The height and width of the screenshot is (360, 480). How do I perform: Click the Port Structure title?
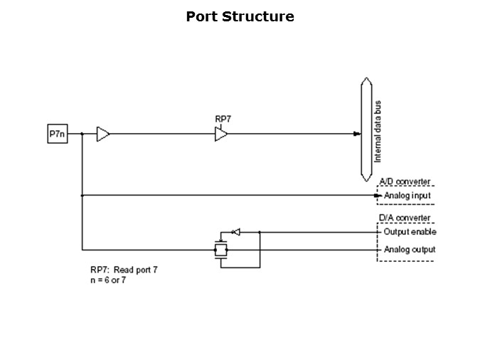[x=240, y=16]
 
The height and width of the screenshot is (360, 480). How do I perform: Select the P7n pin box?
[x=58, y=134]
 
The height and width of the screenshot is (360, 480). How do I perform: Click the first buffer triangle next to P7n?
[x=103, y=134]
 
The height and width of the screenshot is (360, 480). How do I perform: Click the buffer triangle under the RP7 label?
[x=221, y=134]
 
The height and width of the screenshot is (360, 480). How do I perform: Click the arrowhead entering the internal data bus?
[x=358, y=134]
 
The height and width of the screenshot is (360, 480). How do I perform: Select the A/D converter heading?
[x=405, y=182]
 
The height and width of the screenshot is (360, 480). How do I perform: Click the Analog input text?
[x=407, y=196]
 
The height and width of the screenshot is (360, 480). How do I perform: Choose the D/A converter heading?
[x=405, y=218]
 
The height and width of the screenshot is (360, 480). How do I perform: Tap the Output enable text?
[x=410, y=232]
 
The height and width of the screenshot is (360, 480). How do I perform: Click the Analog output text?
[x=410, y=250]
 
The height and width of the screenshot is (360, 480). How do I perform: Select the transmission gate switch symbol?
[x=220, y=250]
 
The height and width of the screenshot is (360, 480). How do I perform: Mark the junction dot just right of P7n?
[x=82, y=134]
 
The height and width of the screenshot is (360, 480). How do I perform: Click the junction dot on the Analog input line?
[x=82, y=195]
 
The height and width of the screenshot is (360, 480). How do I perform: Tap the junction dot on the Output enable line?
[x=260, y=232]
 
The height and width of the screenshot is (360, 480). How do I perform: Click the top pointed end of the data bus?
[x=366, y=80]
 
